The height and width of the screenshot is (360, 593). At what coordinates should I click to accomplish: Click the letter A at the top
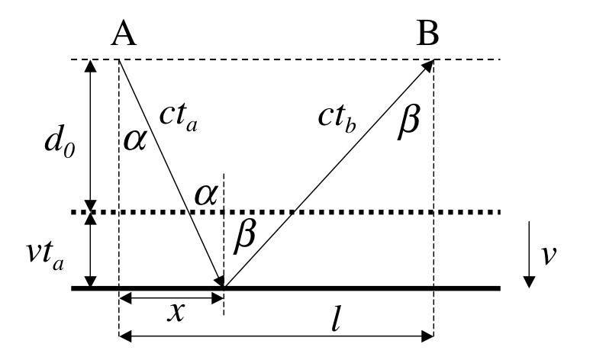pos(124,34)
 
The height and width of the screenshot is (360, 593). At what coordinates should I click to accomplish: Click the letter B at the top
pos(427,34)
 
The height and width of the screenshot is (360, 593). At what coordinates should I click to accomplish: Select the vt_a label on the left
pos(45,256)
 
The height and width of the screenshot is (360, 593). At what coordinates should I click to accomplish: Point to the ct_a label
pos(178,117)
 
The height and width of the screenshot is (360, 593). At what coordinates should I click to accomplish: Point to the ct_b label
pos(337,119)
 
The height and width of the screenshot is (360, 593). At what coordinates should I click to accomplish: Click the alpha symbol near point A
pos(134,141)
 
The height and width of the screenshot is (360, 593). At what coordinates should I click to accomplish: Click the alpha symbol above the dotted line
pos(206,196)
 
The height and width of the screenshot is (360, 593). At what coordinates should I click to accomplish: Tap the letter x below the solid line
pos(176,313)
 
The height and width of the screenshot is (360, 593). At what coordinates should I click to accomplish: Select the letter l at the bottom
pos(336,320)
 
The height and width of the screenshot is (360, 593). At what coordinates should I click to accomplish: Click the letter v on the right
pos(549,256)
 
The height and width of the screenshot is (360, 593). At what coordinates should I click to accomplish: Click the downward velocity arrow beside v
pos(529,255)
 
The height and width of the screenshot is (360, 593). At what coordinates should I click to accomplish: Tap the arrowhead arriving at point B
pos(427,66)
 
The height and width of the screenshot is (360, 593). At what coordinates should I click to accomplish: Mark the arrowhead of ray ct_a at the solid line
pos(220,281)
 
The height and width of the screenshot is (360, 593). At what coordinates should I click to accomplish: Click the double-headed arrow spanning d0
pos(90,136)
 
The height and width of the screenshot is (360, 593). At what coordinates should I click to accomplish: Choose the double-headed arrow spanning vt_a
pos(90,250)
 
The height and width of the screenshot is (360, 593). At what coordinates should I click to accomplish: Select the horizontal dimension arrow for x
pos(172,298)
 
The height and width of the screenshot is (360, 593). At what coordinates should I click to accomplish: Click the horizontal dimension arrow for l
pos(276,336)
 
